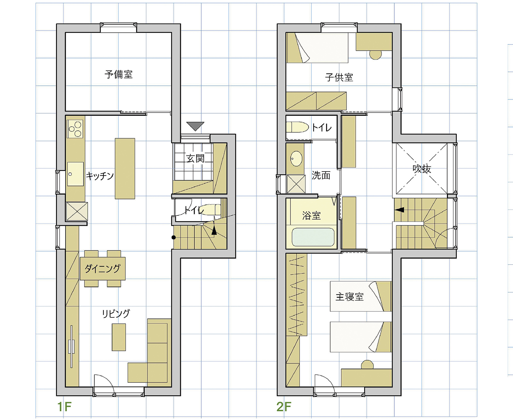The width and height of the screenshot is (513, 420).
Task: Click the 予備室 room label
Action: tap(118, 74)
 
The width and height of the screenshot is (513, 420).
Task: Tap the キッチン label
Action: tap(100, 176)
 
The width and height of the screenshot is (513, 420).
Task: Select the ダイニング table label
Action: tap(102, 268)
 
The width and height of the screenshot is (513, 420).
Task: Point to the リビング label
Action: tap(116, 314)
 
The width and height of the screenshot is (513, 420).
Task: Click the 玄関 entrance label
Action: tap(195, 159)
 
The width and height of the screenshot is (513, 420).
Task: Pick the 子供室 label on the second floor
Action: tap(339, 77)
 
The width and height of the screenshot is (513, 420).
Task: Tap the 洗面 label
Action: tap(321, 175)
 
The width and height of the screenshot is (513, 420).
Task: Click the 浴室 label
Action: tap(311, 215)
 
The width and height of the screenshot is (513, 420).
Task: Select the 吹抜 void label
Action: tap(422, 169)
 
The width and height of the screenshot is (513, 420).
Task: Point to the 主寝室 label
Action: tap(349, 297)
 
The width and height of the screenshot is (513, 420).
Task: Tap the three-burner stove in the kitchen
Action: tap(75, 129)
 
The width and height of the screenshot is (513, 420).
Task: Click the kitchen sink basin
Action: tap(75, 174)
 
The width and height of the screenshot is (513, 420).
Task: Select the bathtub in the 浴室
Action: tap(313, 237)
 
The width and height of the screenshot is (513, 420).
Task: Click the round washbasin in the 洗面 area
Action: tap(296, 159)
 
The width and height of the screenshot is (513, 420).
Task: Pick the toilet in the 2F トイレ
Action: tap(297, 127)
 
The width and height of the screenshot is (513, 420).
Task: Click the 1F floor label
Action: tap(64, 407)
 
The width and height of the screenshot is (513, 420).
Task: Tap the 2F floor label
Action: tap(284, 407)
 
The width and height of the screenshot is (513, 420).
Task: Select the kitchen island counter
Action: tap(125, 169)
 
